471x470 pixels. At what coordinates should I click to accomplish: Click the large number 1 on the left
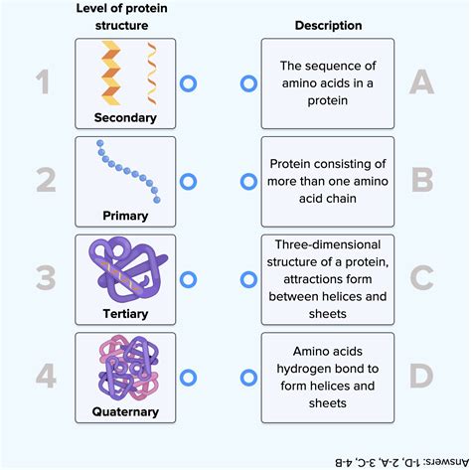pyautogui.click(x=43, y=85)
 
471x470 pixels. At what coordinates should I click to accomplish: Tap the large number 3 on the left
pyautogui.click(x=43, y=279)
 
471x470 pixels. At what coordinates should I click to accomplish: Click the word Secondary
pyautogui.click(x=125, y=117)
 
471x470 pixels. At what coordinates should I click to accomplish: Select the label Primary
pyautogui.click(x=125, y=215)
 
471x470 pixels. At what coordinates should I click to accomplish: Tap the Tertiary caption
pyautogui.click(x=125, y=313)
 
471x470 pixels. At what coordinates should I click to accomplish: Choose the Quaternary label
pyautogui.click(x=125, y=411)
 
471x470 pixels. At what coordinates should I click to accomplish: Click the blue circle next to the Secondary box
pyautogui.click(x=188, y=85)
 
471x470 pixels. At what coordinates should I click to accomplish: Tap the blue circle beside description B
pyautogui.click(x=248, y=182)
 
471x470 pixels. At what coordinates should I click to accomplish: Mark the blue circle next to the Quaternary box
pyautogui.click(x=188, y=377)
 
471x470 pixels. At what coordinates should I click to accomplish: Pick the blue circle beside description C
pyautogui.click(x=248, y=279)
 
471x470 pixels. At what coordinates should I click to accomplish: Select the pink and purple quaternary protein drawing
pyautogui.click(x=125, y=369)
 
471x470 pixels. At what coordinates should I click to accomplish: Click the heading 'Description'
pyautogui.click(x=327, y=25)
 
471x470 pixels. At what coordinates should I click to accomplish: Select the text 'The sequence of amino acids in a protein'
pyautogui.click(x=327, y=85)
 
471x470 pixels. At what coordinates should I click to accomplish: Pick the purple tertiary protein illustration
pyautogui.click(x=124, y=270)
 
